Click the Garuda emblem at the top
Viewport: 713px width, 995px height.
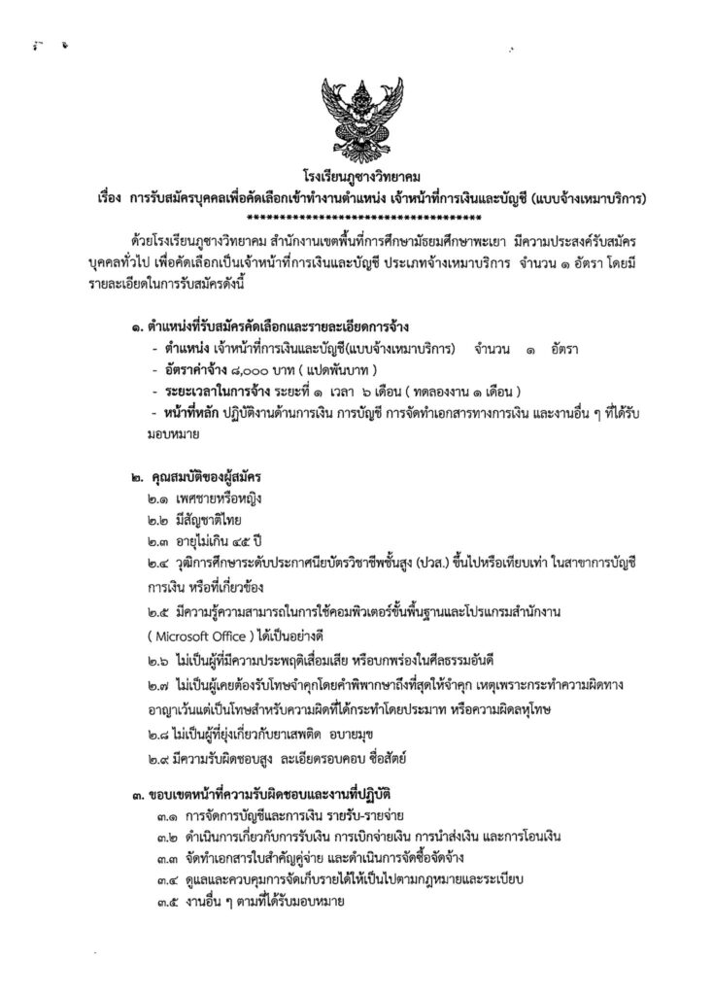356,116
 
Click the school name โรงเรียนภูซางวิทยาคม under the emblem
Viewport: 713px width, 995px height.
356,178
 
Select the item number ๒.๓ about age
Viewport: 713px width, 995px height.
150,540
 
